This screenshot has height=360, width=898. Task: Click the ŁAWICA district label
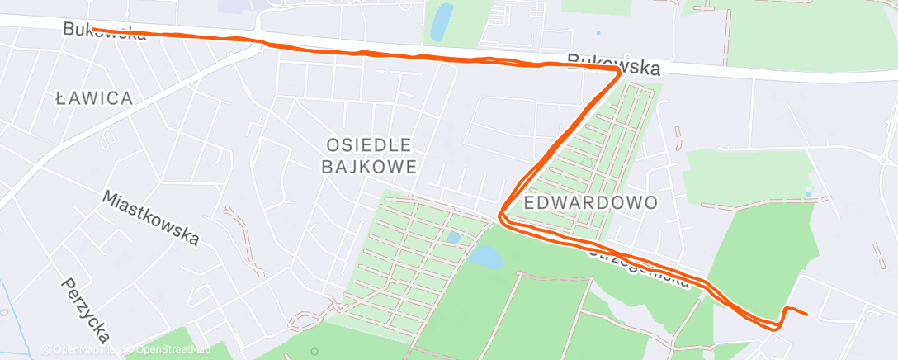click(93, 98)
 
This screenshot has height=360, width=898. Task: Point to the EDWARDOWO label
click(590, 202)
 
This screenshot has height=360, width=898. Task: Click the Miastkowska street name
click(151, 218)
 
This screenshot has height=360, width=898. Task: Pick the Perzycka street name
click(85, 309)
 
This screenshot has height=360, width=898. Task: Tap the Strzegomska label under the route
click(640, 266)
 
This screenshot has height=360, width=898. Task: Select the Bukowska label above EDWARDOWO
click(614, 64)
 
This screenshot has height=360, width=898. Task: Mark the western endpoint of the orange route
click(92, 29)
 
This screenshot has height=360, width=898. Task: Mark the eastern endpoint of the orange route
click(806, 315)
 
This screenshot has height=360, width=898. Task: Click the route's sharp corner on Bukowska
click(619, 72)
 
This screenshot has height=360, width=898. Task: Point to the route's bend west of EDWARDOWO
click(500, 216)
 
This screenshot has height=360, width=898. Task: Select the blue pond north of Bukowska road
click(442, 19)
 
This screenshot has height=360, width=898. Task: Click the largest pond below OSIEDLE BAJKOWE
click(485, 259)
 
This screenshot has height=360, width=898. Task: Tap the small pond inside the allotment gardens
click(452, 238)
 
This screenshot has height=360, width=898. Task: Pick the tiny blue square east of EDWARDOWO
click(808, 195)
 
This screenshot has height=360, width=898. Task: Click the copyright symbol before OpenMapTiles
click(46, 350)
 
